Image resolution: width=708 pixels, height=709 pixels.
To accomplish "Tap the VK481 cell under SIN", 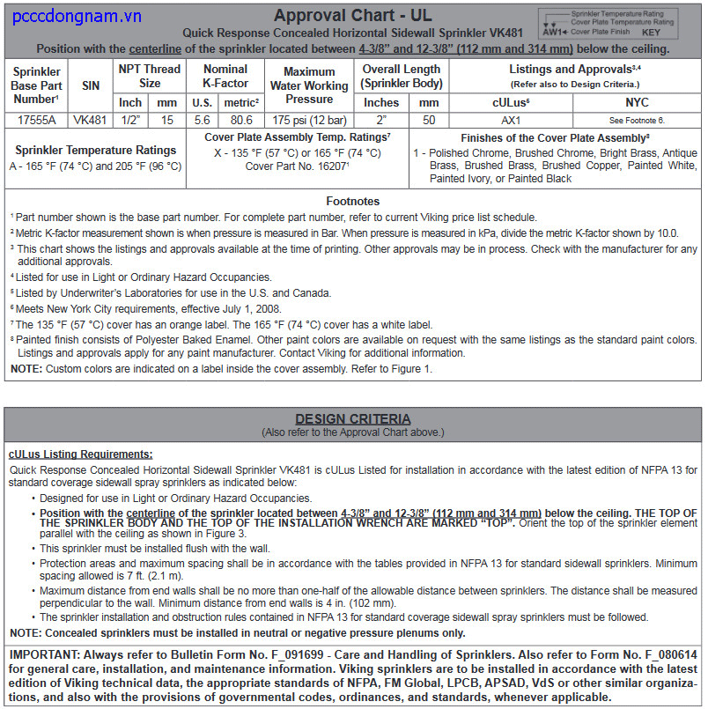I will (91, 119).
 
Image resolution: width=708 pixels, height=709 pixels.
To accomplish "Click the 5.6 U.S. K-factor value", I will (203, 119).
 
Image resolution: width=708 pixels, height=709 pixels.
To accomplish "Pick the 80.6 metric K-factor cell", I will (240, 119).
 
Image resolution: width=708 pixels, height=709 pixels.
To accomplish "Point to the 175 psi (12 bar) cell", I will (308, 119).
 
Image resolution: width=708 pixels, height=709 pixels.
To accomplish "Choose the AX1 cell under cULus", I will (511, 119).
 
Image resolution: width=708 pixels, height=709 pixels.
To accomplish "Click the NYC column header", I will (636, 102).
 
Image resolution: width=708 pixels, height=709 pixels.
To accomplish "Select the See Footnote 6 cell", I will (636, 119).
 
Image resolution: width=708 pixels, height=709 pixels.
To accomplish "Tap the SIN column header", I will (91, 85).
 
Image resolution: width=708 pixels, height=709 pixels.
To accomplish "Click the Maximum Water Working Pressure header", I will (308, 85).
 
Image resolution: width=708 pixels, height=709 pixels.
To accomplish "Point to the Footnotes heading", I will (352, 201).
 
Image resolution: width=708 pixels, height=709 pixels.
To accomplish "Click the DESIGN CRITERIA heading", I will (352, 419).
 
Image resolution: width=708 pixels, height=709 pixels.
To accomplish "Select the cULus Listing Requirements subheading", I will (80, 454).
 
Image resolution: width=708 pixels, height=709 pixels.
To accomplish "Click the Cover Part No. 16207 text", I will (297, 166).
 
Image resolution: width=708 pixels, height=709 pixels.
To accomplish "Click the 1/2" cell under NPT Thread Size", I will (130, 119).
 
